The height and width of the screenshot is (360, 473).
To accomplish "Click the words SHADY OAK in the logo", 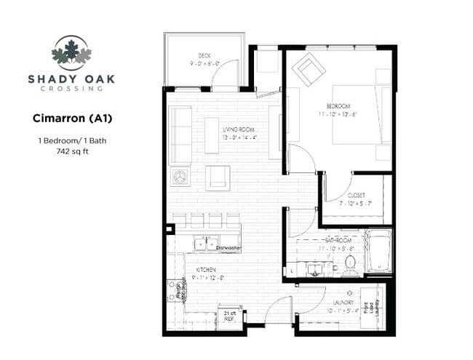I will [71, 79].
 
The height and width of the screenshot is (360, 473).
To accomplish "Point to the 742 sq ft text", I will [71, 152].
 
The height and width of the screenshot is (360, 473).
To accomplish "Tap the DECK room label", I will [204, 56].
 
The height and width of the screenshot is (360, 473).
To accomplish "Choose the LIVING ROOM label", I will [239, 129].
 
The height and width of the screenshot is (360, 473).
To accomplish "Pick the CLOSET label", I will [355, 195].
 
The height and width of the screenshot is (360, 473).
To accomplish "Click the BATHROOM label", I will [338, 239].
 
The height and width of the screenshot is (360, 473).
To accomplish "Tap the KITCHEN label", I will [206, 270].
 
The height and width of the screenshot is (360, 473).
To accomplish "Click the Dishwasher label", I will [228, 248].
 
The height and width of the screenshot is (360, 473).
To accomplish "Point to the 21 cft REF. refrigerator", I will [229, 315].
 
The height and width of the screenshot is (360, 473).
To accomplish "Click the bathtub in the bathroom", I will [378, 252].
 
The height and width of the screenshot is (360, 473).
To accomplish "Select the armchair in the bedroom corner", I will [309, 71].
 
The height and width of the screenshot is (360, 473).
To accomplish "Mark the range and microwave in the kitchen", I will [176, 292].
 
